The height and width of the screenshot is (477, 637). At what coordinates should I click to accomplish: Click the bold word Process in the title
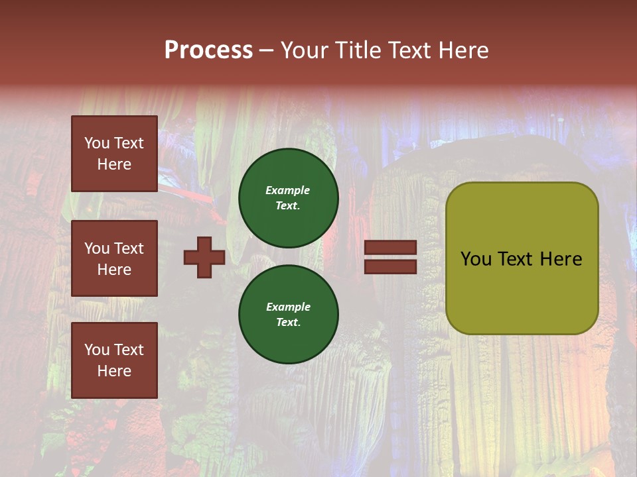(208, 50)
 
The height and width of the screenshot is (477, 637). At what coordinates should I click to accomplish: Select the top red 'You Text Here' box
(114, 154)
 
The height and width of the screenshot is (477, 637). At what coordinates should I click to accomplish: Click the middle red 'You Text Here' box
(114, 258)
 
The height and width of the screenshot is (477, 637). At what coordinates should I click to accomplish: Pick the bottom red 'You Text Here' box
(114, 360)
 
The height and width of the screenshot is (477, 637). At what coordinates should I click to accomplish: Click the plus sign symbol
(204, 257)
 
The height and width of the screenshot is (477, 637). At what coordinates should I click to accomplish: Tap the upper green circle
(288, 198)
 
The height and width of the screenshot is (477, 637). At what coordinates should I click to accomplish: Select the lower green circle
(288, 315)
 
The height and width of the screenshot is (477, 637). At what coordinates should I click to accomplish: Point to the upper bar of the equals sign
(390, 248)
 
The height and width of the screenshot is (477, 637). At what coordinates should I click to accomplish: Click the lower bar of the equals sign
(390, 266)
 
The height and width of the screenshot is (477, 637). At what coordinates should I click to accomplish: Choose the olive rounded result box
(522, 258)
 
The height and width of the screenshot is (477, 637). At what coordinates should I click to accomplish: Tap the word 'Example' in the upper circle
(288, 190)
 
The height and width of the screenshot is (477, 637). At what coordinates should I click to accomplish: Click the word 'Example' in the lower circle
(288, 307)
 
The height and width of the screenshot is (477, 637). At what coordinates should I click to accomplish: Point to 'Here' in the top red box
(114, 164)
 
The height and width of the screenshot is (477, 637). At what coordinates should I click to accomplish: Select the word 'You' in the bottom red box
(97, 350)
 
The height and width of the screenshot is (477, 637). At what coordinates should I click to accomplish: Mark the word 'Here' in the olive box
(561, 259)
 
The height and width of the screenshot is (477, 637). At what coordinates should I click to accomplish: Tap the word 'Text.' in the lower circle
(288, 323)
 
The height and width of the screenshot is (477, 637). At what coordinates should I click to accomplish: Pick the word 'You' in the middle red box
(97, 248)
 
